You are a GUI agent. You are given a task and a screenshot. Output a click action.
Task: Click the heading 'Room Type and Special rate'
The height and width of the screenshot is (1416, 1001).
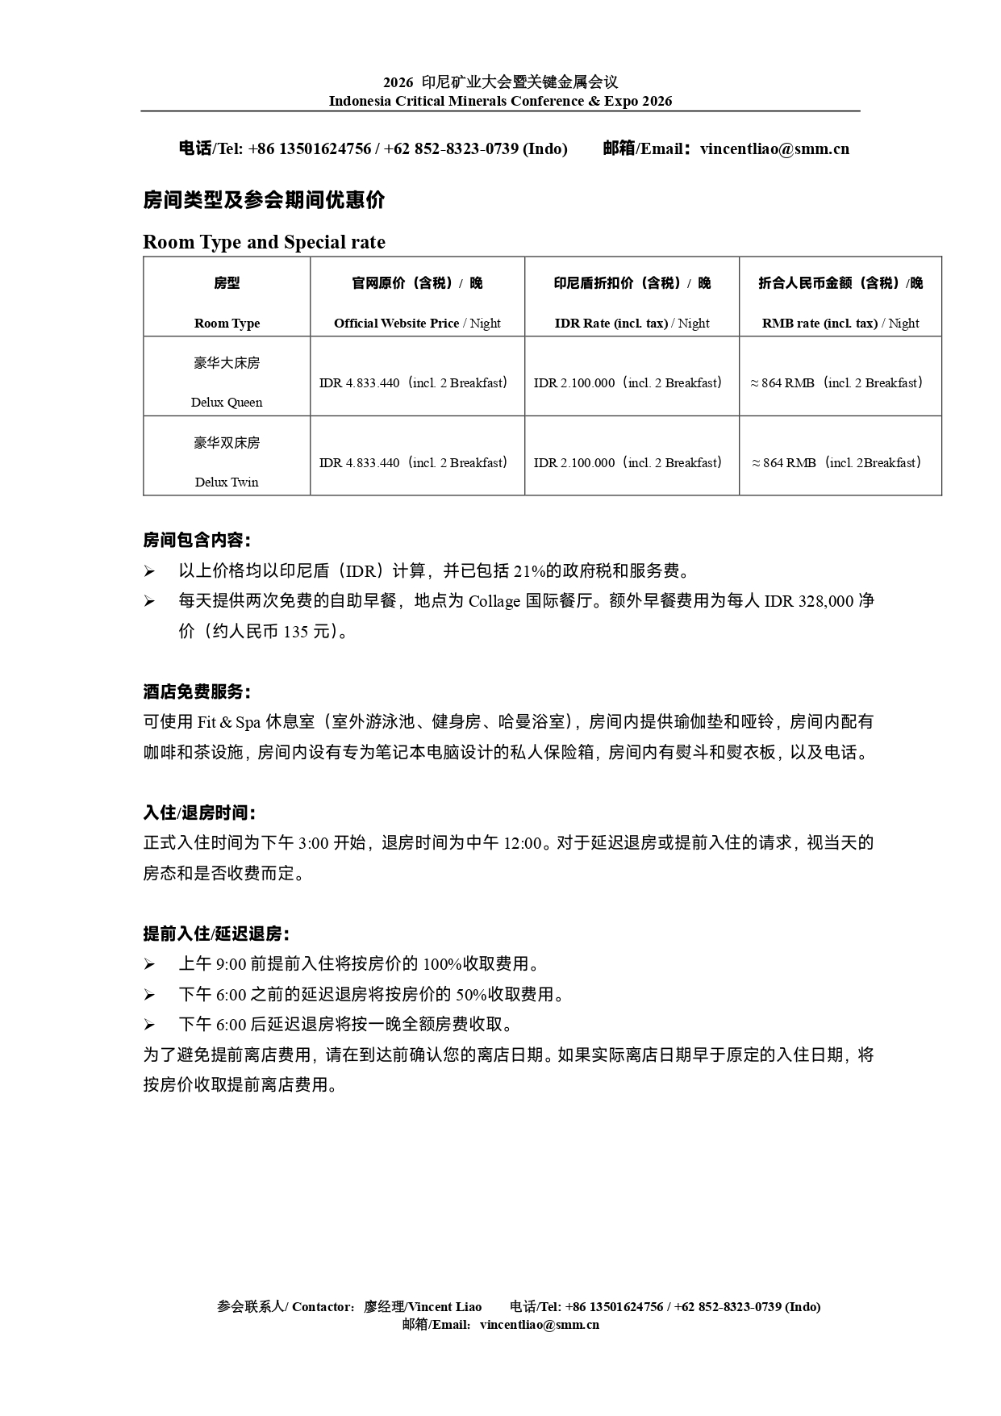[x=264, y=242]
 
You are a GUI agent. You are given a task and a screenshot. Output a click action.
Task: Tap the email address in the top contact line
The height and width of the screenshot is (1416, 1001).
[x=774, y=148]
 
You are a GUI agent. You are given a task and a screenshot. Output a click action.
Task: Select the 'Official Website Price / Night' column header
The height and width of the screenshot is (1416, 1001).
[x=417, y=323]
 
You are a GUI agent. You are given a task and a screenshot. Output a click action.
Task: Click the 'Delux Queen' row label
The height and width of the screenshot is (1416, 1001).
[x=227, y=402]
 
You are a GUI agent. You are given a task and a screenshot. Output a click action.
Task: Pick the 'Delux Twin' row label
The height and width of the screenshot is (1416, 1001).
[x=227, y=482]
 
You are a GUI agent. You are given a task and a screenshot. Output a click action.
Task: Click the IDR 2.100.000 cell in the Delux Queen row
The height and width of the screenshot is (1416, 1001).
[x=628, y=382]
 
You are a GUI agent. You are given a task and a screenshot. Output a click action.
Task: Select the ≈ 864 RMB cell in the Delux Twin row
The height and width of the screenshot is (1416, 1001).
[x=836, y=462]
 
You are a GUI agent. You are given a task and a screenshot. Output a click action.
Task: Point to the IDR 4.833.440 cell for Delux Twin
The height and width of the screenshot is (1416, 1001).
[x=414, y=462]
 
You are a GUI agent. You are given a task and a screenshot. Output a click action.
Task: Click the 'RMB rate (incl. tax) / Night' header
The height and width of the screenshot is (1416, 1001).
[x=840, y=323]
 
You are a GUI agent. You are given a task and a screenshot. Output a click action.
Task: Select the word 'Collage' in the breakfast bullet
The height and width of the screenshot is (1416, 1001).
[x=494, y=601]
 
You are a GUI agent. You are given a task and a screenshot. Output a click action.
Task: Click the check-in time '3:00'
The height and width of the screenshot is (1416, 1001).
[x=313, y=843]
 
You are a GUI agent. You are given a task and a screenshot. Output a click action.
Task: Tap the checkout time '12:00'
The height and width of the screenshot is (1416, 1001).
[x=522, y=843]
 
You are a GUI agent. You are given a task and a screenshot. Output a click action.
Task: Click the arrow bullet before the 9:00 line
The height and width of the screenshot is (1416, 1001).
[x=149, y=964]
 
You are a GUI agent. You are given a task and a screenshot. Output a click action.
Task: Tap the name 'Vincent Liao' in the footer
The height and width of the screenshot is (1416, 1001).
[x=445, y=1306]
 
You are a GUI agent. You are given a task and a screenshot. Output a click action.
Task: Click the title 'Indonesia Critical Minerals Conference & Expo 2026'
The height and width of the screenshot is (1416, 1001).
[x=500, y=101]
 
